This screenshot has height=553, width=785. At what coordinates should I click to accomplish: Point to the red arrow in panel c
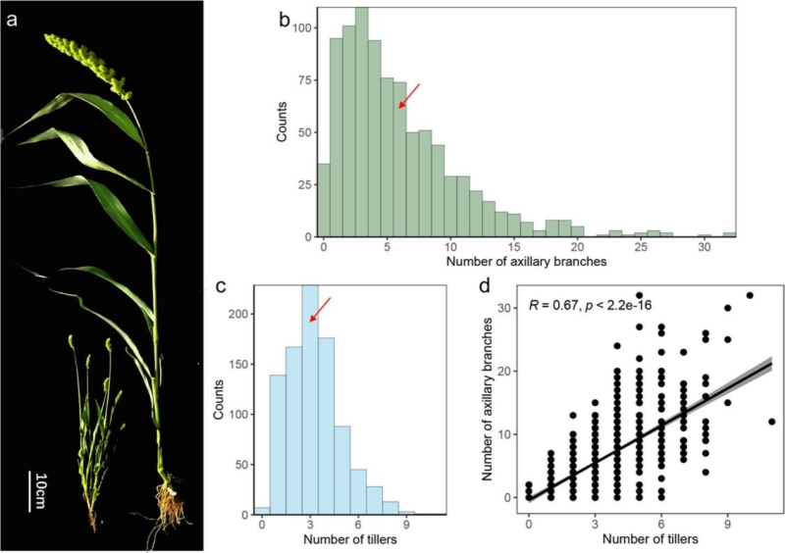tap(320, 309)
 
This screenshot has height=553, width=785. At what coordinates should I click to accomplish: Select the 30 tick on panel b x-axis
tap(703, 249)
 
